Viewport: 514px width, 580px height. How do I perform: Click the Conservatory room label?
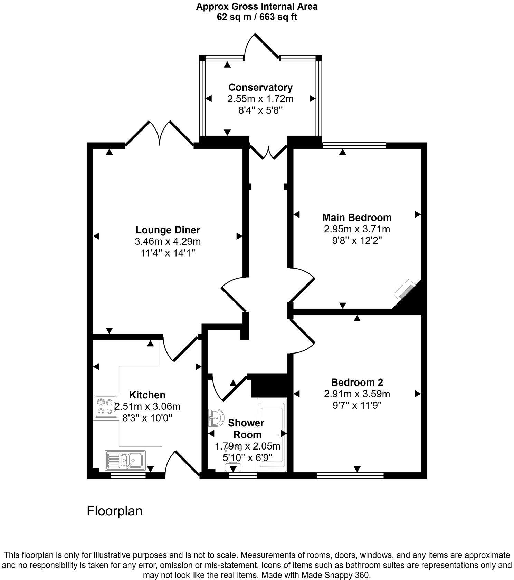pos(260,87)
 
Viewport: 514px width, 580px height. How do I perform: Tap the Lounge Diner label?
pos(168,230)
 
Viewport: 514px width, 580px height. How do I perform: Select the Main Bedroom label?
pos(357,217)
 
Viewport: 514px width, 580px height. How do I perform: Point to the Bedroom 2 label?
pos(357,382)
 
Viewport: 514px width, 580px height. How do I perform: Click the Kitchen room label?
pos(147,395)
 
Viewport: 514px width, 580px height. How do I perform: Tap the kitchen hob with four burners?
pos(105,407)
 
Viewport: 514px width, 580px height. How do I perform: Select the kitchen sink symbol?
pos(125,460)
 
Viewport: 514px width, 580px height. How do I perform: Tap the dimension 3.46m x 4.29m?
pos(168,241)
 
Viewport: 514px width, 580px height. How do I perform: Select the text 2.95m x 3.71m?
pos(357,229)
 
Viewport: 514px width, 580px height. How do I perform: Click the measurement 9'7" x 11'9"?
pos(357,405)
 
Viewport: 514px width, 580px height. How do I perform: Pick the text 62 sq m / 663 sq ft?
pos(257,17)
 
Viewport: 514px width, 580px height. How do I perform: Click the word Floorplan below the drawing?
pos(114,511)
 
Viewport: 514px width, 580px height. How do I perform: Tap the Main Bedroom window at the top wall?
pos(354,145)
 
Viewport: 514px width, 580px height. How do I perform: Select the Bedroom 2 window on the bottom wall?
pos(350,475)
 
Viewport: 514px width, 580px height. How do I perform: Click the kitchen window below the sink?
pos(128,475)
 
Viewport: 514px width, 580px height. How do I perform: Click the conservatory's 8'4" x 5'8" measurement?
pos(260,110)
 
